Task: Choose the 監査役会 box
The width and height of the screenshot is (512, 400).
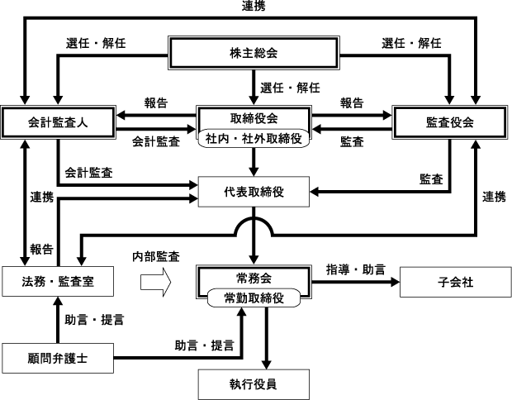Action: [449, 122]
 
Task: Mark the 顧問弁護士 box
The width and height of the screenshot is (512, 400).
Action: [55, 359]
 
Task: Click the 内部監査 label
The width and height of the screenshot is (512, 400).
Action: [158, 256]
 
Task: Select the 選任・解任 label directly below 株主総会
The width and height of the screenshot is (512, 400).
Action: [290, 86]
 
